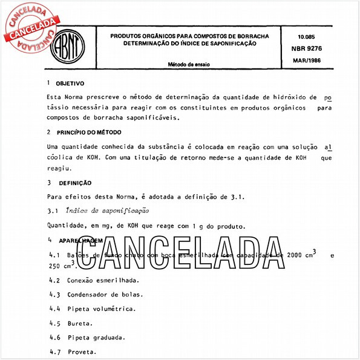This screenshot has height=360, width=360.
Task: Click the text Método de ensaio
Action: (x=189, y=64)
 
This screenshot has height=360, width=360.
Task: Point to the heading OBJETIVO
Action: (x=70, y=83)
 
